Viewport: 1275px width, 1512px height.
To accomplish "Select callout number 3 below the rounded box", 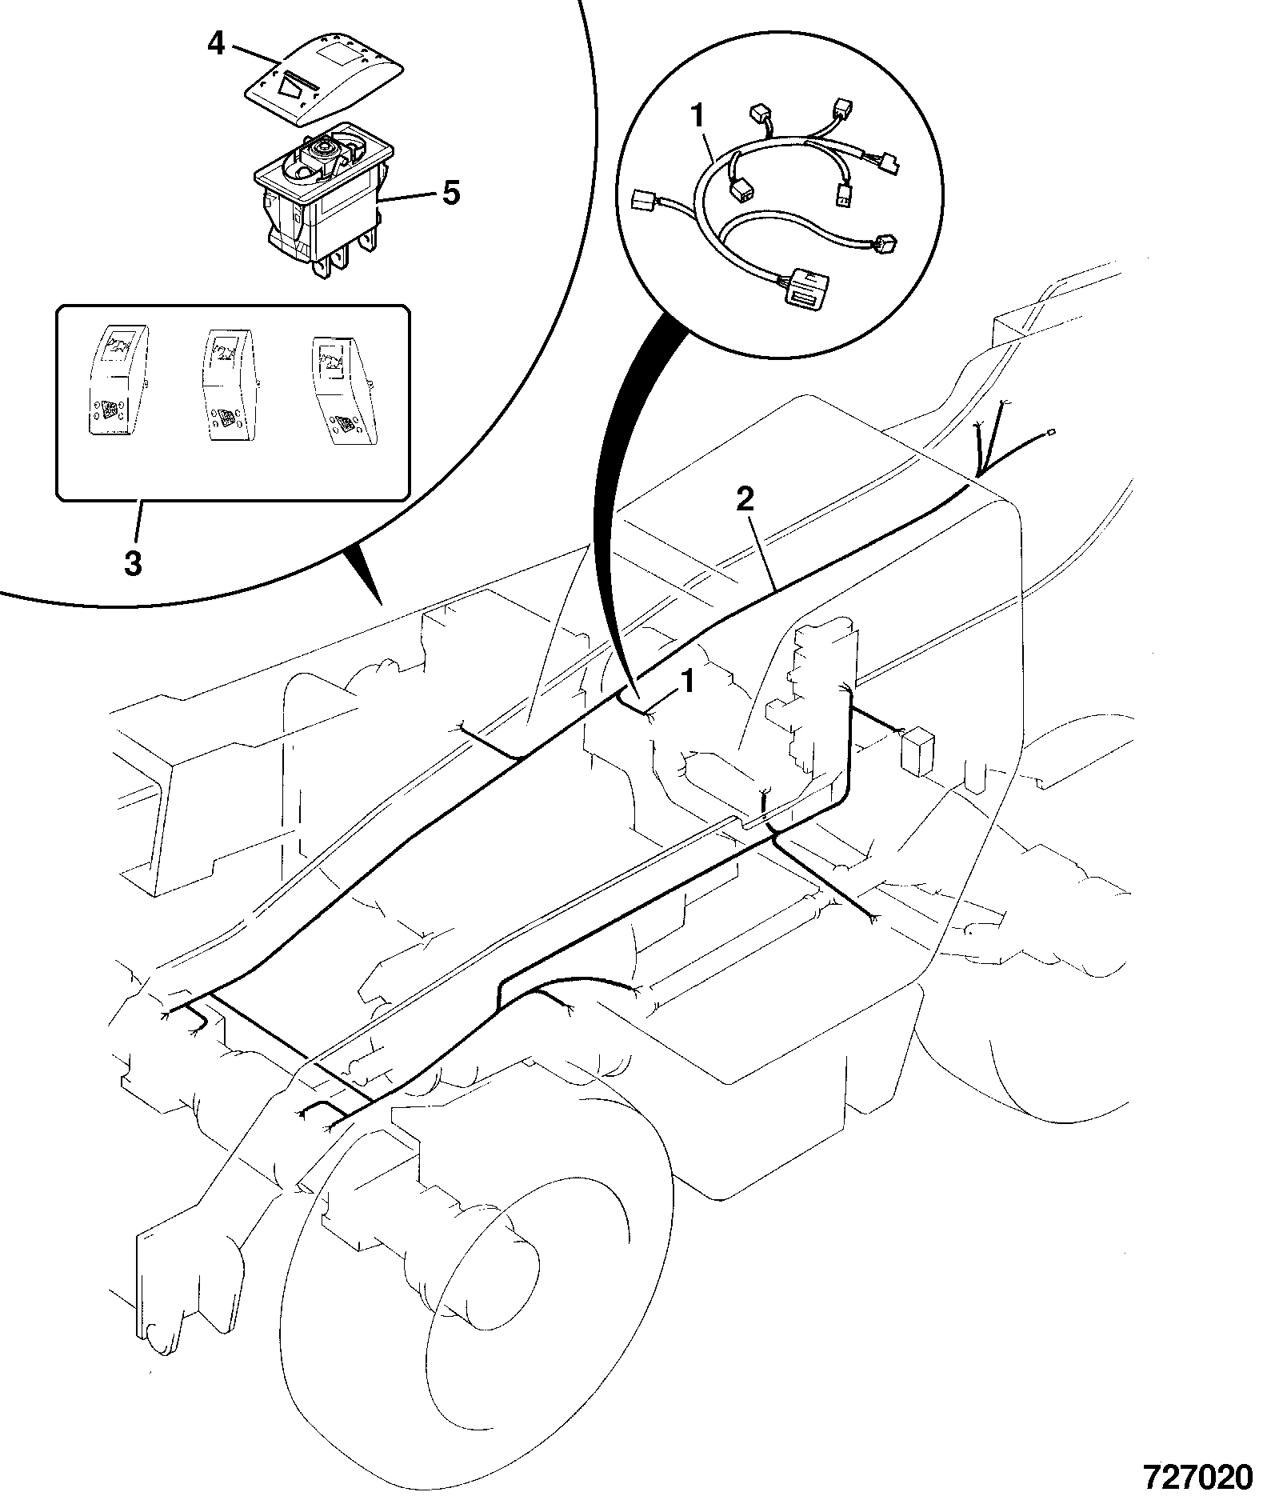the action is click(x=133, y=563).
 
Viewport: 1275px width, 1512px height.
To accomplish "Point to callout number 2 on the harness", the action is click(x=744, y=501).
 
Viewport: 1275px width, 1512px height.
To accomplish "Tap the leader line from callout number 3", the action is click(x=138, y=523).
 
